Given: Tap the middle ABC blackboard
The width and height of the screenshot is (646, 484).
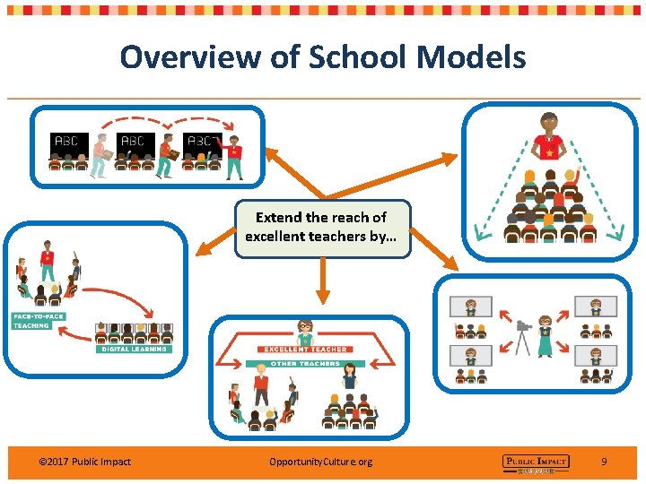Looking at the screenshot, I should [134, 143].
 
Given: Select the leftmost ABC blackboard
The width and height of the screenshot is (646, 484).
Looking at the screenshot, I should [67, 143].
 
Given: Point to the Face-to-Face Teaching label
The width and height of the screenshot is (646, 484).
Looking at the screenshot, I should [31, 321].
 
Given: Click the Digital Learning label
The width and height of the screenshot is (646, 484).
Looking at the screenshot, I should [133, 349].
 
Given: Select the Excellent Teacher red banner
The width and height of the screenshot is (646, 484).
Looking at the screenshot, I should [304, 349].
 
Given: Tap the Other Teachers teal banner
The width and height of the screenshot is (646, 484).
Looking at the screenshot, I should [305, 363].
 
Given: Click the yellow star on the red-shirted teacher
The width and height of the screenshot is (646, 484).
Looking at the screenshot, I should [549, 153].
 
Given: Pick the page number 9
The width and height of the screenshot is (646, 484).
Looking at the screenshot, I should [604, 462].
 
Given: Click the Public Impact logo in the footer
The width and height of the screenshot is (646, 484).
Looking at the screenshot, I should [535, 462].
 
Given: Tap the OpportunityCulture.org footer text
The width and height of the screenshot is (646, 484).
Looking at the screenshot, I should [320, 462].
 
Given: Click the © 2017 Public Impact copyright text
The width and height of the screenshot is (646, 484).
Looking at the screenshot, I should [85, 462].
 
